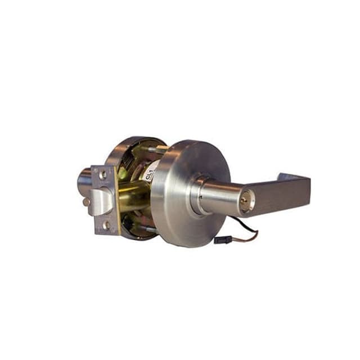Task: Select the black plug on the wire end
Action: [x=221, y=240]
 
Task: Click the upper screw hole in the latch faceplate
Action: [x=102, y=174]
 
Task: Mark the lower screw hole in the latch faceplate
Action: [x=106, y=225]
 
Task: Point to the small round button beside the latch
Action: [x=85, y=201]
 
